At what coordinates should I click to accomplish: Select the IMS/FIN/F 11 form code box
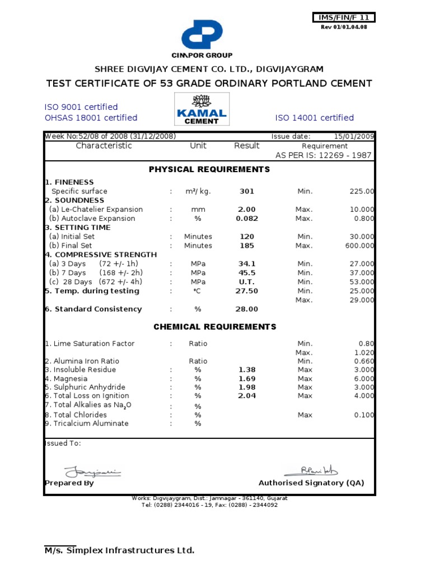tap(343, 18)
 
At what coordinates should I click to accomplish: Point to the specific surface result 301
tap(247, 191)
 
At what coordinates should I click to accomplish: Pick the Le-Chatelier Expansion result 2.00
tap(247, 209)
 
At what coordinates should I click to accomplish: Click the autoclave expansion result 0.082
tap(247, 218)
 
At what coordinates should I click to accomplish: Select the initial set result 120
tap(247, 237)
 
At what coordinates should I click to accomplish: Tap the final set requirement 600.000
tap(359, 246)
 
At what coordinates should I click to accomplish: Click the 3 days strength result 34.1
tap(247, 263)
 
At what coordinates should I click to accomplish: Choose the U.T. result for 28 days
tap(247, 281)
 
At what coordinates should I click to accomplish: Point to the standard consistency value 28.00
tap(247, 309)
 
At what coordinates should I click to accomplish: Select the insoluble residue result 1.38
tap(247, 370)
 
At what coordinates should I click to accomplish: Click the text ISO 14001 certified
tap(314, 118)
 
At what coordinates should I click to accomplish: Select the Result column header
tap(247, 146)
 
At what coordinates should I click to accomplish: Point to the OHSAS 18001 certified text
tap(91, 118)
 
